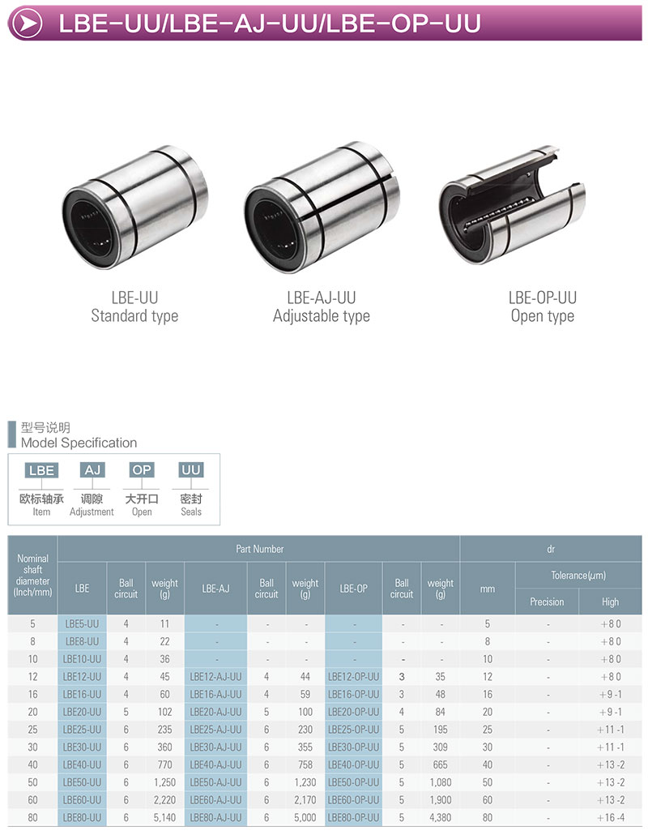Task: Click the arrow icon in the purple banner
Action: (x=27, y=24)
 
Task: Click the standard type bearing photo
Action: (x=135, y=207)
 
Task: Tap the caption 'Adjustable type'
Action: (x=322, y=316)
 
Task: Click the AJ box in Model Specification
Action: (x=92, y=470)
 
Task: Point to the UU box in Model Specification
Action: (x=190, y=470)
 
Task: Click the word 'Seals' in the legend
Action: (x=191, y=512)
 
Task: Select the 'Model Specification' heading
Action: (x=79, y=443)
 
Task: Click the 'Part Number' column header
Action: (x=260, y=549)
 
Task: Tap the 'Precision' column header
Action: (x=547, y=602)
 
